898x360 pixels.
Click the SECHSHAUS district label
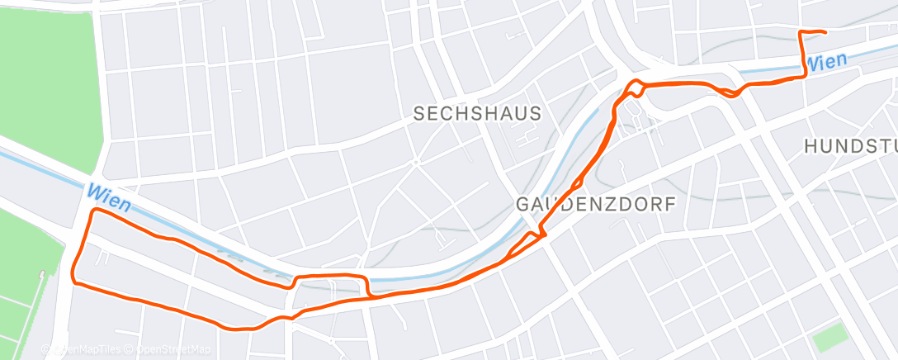pos(477,114)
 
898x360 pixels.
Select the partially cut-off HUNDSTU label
pos(851,147)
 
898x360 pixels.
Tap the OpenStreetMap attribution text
pos(173,350)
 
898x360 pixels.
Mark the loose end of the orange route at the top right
pos(825,32)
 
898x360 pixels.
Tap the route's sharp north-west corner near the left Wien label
pos(93,211)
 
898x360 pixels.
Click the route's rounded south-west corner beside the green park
pos(74,278)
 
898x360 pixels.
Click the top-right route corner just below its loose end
pos(799,32)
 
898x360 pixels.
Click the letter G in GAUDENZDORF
pos(523,204)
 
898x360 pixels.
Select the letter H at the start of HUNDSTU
pos(811,147)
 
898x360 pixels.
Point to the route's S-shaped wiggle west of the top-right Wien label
pos(727,90)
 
